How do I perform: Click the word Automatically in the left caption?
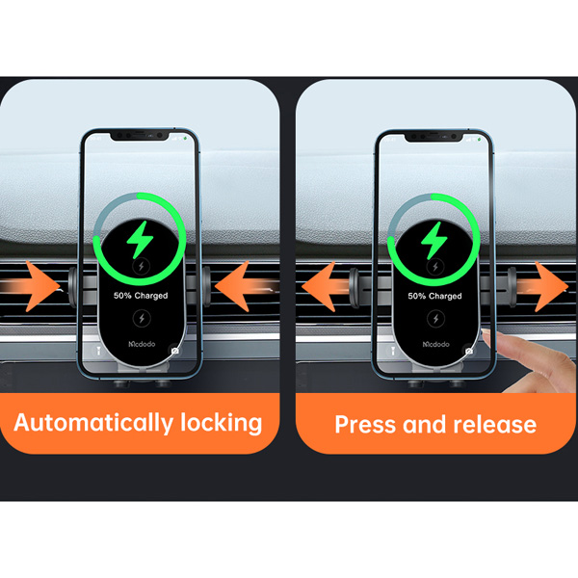(94, 423)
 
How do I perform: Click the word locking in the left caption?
(222, 423)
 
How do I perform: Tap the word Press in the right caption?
(365, 424)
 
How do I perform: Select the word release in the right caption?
(495, 424)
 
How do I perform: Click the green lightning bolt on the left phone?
(140, 240)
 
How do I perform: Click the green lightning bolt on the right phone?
(433, 241)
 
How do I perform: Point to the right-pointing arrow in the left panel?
(32, 286)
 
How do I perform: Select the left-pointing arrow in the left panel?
(246, 286)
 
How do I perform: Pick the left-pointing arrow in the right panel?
(325, 286)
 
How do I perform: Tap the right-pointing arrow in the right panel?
(542, 286)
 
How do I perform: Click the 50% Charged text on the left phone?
(141, 296)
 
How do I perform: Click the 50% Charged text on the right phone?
(434, 296)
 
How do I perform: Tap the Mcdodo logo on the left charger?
(142, 344)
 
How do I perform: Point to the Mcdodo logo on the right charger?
(435, 344)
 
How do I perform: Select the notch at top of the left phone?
(140, 136)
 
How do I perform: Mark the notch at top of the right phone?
(433, 137)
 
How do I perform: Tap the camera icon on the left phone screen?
(175, 351)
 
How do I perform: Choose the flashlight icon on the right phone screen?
(393, 351)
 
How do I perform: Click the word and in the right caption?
(424, 424)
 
